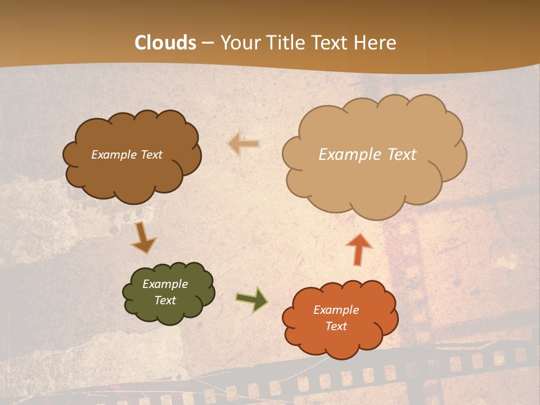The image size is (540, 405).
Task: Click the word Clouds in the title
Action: coord(165,43)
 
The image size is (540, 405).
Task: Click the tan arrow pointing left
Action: coord(244,144)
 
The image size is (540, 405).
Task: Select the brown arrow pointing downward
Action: coord(143,238)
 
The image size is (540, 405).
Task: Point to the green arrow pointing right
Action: coord(251,299)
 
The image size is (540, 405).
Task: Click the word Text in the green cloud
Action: coord(165,300)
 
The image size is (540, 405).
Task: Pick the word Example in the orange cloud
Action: coord(336,310)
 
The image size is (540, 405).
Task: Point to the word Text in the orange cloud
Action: coord(336,326)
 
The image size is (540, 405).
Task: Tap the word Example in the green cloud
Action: coord(165,284)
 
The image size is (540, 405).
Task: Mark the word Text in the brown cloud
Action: coord(151,155)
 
